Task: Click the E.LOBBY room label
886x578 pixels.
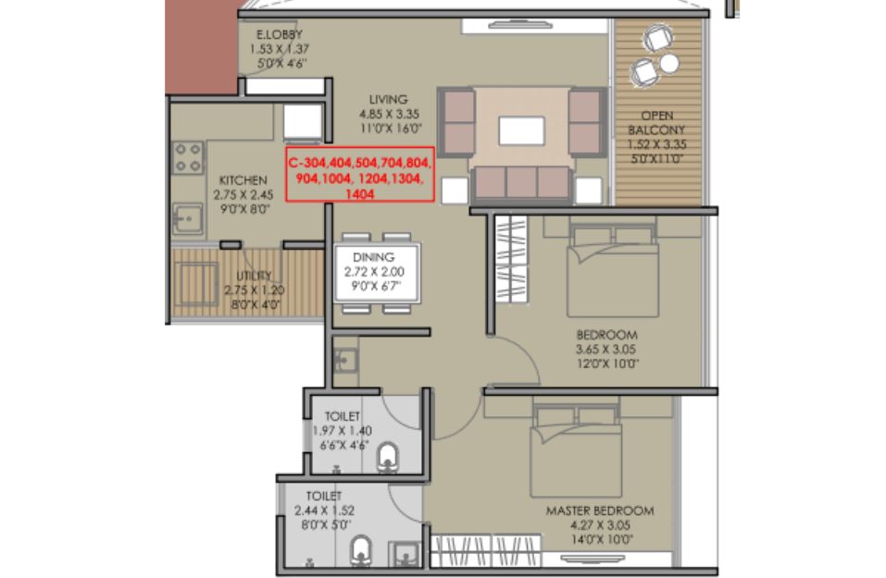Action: tap(280, 34)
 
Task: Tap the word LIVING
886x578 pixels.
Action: tap(388, 99)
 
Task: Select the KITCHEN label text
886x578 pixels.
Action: tap(243, 180)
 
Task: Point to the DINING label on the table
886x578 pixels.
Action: tap(373, 257)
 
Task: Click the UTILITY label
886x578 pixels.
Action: tap(254, 276)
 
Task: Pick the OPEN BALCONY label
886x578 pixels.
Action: tap(656, 122)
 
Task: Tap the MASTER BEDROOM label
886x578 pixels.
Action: tap(600, 510)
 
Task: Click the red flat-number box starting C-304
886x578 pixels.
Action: tap(360, 175)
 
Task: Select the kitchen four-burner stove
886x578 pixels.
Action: tap(188, 157)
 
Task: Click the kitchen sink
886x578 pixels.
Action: tap(188, 218)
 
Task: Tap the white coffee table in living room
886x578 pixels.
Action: tap(521, 131)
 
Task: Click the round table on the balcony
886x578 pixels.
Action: tap(669, 63)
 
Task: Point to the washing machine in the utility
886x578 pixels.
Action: tap(195, 284)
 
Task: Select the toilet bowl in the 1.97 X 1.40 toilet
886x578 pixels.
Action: tap(387, 457)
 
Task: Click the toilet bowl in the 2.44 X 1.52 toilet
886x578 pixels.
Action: tap(360, 551)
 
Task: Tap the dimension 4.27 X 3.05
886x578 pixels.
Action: tap(600, 525)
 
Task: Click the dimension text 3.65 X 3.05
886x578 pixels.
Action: tap(605, 350)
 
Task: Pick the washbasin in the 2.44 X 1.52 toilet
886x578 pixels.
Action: tap(406, 554)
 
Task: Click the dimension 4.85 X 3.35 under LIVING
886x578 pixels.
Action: tap(390, 114)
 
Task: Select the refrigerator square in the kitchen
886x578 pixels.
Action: tap(303, 122)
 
